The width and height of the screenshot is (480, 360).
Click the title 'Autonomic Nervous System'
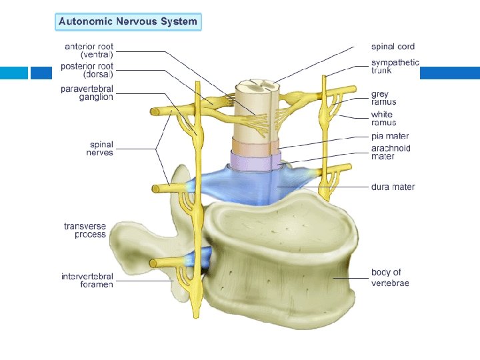[128, 21]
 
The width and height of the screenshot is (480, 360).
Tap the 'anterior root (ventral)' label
[89, 50]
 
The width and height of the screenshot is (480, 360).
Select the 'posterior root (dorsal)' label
[87, 70]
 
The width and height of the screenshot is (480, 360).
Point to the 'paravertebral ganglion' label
[87, 93]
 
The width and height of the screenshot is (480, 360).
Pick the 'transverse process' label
[85, 230]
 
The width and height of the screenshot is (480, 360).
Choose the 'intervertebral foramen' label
[87, 280]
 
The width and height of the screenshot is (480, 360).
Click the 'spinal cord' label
[393, 47]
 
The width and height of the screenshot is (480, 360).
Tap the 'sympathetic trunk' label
[395, 66]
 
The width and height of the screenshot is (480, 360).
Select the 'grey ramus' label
[383, 98]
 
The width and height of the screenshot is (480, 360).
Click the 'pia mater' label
[391, 136]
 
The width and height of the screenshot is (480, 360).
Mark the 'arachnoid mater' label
[391, 152]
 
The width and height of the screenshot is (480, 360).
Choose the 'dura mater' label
[393, 187]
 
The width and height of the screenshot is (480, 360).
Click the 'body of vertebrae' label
[390, 277]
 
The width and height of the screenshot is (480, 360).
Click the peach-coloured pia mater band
[255, 147]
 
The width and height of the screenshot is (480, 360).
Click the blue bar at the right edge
[449, 73]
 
